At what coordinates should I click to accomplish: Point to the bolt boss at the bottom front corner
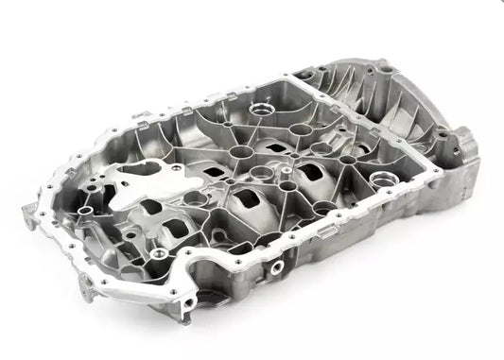(x=189, y=304)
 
